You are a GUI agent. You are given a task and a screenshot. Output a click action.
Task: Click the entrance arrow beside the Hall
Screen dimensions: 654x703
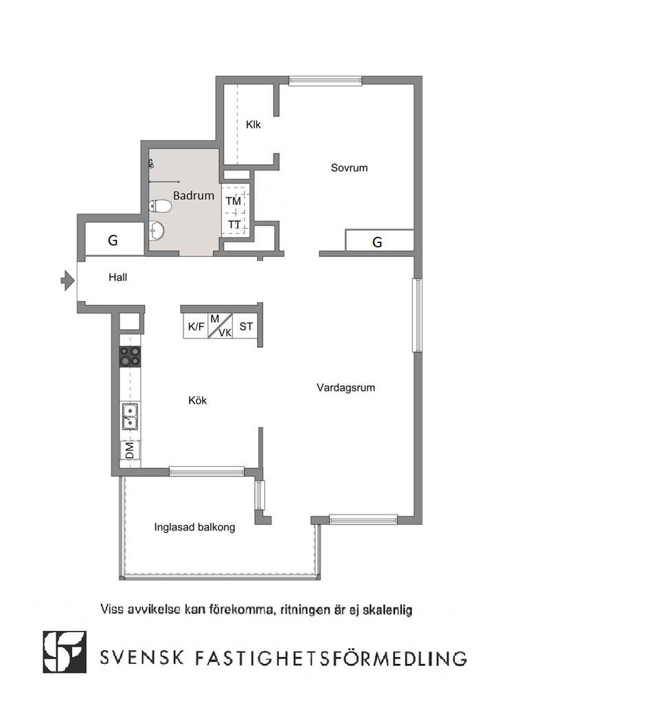[x=68, y=281]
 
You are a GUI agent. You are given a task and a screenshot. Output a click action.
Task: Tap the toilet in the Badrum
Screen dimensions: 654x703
[x=160, y=206]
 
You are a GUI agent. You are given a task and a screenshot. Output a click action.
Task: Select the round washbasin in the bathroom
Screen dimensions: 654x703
[x=157, y=231]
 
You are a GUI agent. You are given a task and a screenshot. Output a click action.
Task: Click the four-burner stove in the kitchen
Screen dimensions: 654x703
[x=130, y=356]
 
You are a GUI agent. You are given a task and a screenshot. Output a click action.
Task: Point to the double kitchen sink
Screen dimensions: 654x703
[x=130, y=417]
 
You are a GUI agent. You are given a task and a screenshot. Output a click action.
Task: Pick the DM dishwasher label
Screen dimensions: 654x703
[x=129, y=450]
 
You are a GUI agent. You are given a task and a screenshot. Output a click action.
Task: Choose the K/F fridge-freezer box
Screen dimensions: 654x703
[x=196, y=326]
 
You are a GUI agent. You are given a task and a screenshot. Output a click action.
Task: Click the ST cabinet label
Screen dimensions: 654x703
[x=246, y=326]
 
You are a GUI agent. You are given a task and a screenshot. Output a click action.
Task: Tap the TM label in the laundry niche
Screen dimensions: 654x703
[x=234, y=201]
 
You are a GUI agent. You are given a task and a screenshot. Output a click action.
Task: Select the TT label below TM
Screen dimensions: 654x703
[x=234, y=224]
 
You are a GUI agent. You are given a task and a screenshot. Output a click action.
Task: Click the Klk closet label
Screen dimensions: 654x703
[x=253, y=124]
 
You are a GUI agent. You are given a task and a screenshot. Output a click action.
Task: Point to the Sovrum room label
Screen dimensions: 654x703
[x=349, y=168]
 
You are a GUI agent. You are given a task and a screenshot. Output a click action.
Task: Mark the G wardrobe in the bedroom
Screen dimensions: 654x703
[x=379, y=241]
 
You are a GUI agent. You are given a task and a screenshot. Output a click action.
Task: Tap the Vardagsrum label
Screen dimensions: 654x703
[x=346, y=387]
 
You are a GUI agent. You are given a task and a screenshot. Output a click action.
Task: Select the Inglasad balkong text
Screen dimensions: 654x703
[x=194, y=527]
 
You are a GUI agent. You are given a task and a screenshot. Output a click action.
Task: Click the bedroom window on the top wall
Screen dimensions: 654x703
[x=325, y=81]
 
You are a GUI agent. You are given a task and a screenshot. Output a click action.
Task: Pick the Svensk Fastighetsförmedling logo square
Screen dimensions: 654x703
[x=65, y=652]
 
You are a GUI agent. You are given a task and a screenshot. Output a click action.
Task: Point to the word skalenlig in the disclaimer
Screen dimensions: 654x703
[x=387, y=610]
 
